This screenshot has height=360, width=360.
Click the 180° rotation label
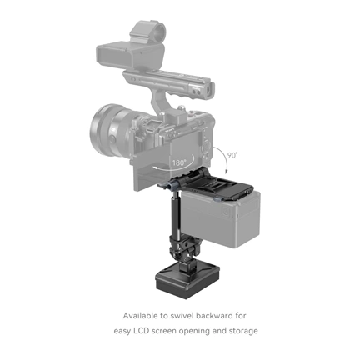point(179,162)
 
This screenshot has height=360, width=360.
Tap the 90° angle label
point(232,155)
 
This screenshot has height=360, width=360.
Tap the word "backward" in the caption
point(216,316)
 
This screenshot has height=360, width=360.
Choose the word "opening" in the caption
point(194,331)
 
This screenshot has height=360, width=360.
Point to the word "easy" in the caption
point(125,331)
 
